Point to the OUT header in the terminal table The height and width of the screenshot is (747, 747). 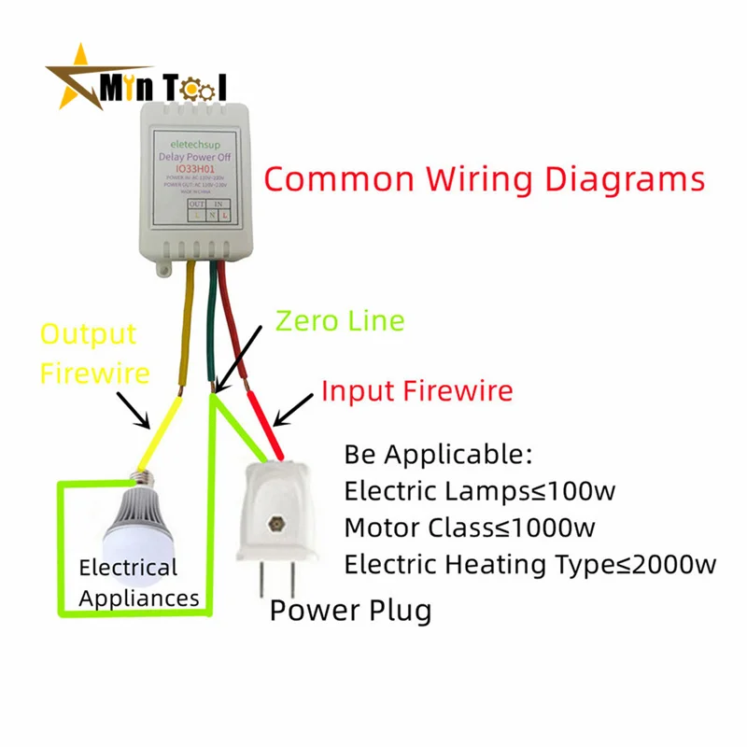197,203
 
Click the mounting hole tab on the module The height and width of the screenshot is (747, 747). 166,270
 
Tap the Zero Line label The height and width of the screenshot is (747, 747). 340,320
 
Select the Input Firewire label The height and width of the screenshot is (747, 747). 416,389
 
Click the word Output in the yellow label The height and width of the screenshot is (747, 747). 88,333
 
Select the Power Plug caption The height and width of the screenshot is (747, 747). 350,611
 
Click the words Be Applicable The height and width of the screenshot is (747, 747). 438,456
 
